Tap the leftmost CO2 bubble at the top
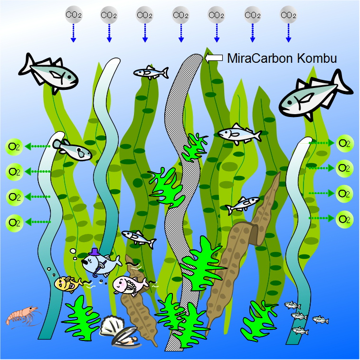(x=73, y=15)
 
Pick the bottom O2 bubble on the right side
(x=344, y=219)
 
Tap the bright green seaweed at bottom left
(x=81, y=319)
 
